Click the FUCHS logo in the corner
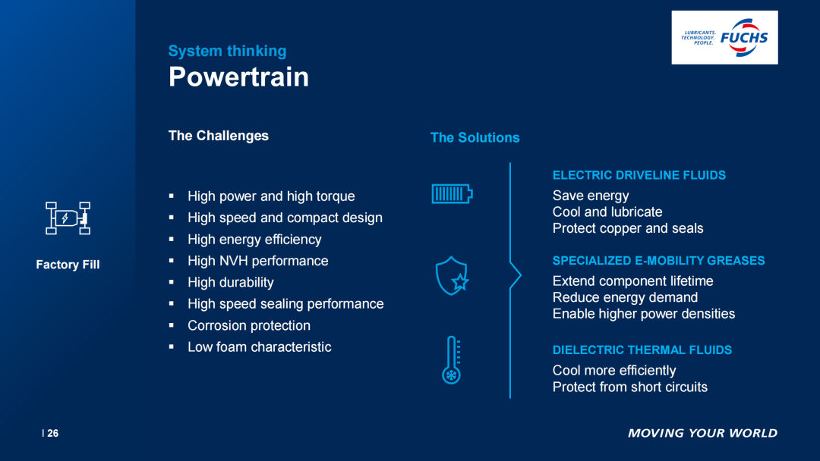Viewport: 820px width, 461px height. tap(724, 38)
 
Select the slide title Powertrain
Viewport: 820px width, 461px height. tap(238, 77)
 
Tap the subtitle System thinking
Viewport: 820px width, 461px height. tap(228, 51)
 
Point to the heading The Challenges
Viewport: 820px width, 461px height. tap(219, 136)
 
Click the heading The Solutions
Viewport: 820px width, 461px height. tap(475, 138)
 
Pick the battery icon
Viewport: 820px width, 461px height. tap(452, 194)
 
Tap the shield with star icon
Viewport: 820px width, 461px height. tap(452, 276)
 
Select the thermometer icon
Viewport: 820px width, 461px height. tap(451, 360)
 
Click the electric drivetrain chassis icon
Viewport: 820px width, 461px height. tap(68, 218)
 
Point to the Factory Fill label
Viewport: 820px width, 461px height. tap(68, 265)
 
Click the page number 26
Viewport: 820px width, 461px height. tap(53, 434)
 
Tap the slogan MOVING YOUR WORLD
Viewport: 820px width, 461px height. tap(702, 434)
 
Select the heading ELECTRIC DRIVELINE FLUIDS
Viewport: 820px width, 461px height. tap(639, 175)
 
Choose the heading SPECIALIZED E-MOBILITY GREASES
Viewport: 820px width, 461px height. tap(658, 261)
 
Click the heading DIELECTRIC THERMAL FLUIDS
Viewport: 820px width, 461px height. tap(642, 350)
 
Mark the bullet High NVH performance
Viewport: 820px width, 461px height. tap(258, 261)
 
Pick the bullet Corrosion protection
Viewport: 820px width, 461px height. tap(249, 326)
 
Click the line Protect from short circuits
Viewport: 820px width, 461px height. tap(630, 387)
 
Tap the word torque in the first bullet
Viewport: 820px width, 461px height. tap(336, 197)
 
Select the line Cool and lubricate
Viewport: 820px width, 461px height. tap(607, 212)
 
